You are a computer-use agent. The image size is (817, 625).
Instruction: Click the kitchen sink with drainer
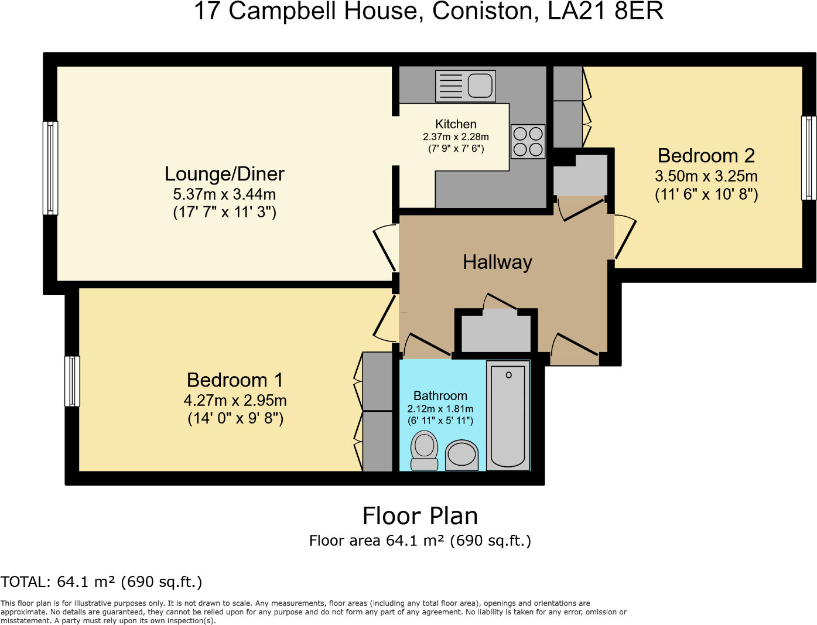[x=466, y=86]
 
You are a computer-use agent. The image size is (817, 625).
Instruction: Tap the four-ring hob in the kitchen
[x=528, y=142]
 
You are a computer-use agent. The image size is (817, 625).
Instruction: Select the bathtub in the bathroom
[x=508, y=416]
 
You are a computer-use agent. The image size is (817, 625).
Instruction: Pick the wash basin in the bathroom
[x=462, y=456]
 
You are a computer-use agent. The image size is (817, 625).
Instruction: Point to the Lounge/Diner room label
[x=224, y=174]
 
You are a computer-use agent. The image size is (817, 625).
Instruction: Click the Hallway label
[x=497, y=262]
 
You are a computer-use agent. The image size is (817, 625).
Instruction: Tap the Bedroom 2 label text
[x=706, y=156]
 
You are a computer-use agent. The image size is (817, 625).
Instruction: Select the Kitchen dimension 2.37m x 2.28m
[x=456, y=136]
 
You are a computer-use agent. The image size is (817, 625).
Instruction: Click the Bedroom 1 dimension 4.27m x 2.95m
[x=235, y=401]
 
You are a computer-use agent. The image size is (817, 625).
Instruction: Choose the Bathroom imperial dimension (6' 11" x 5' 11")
[x=440, y=421]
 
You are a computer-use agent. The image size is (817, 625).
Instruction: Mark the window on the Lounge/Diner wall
[x=51, y=168]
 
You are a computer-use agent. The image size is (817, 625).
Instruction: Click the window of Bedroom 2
[x=808, y=158]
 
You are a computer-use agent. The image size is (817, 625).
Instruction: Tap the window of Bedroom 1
[x=72, y=381]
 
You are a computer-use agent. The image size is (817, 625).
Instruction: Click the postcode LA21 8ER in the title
[x=606, y=11]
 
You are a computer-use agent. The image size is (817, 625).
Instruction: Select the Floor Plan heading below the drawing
[x=420, y=516]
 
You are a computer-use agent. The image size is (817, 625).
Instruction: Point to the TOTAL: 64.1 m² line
[x=101, y=582]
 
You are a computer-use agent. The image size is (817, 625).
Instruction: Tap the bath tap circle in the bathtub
[x=508, y=375]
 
